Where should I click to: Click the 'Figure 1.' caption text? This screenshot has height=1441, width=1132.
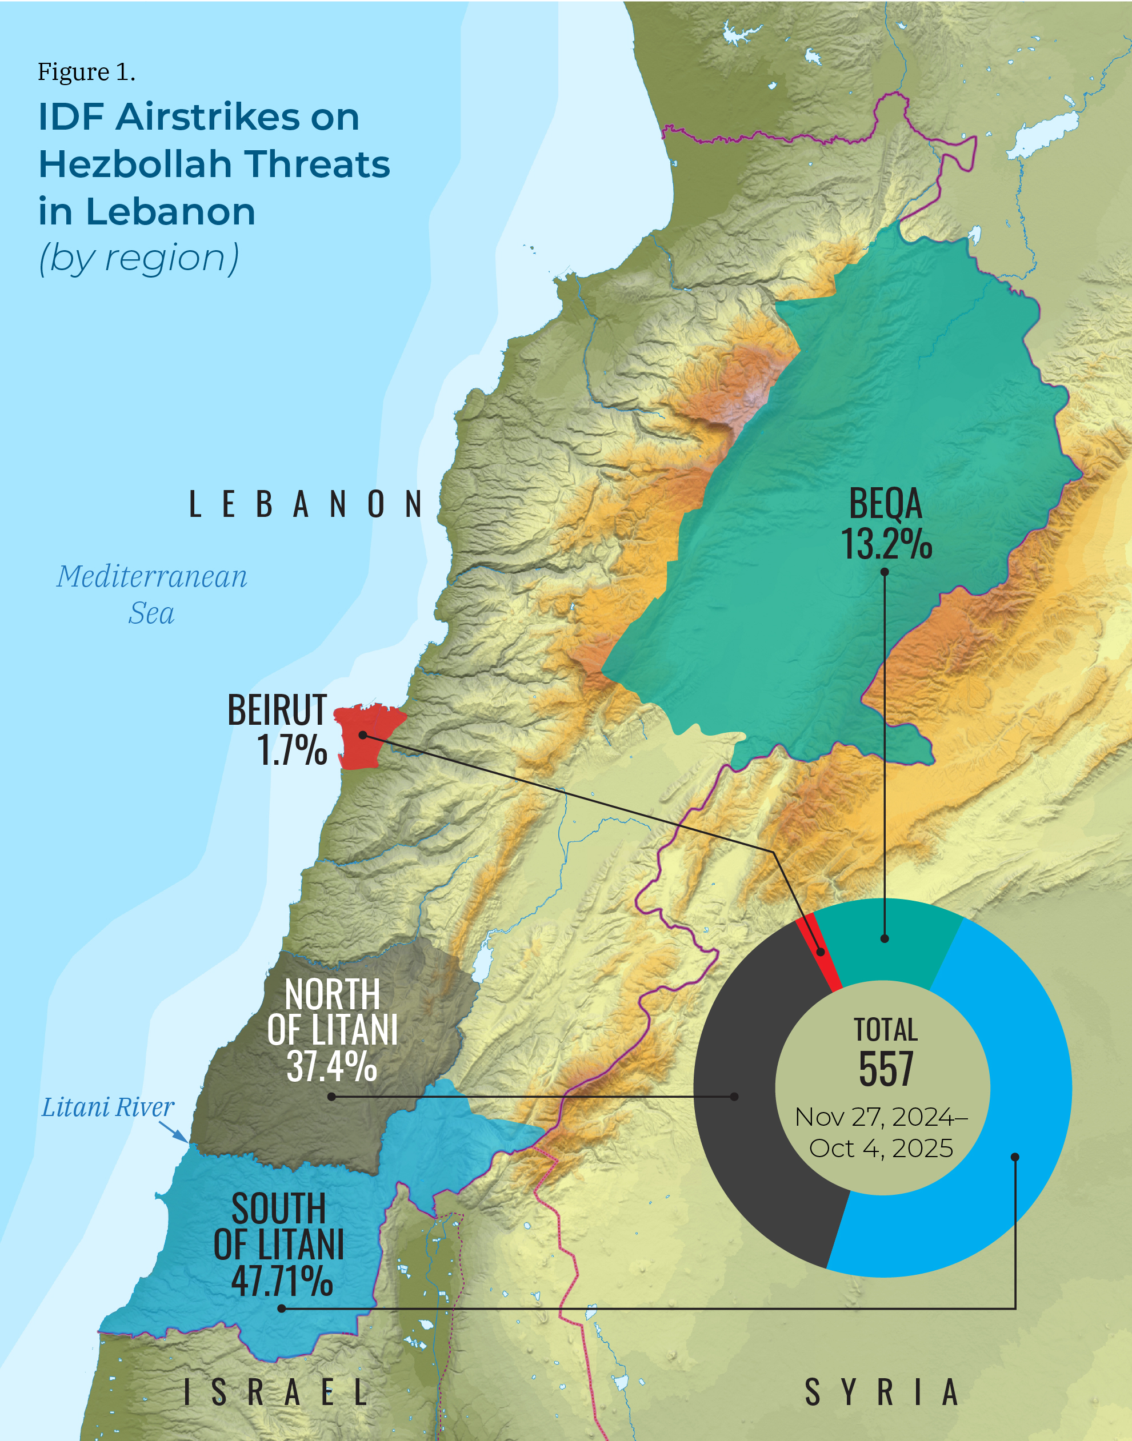coord(86,71)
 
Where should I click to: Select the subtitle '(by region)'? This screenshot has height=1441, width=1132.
coord(138,258)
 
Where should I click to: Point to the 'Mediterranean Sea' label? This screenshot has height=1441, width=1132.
coord(151,595)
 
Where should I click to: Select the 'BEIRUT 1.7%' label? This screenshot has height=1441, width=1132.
coord(278,729)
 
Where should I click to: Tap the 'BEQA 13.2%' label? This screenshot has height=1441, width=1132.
coord(886,523)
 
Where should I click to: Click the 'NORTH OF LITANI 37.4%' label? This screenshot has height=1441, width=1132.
coord(332,1030)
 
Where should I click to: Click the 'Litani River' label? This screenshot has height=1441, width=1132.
coord(107,1107)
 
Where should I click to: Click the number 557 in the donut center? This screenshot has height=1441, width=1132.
coord(886,1069)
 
